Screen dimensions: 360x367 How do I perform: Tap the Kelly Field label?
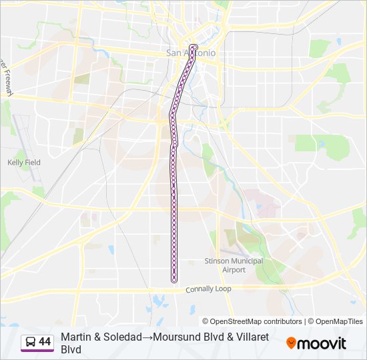point(24,162)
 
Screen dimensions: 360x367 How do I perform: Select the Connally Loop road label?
point(208,289)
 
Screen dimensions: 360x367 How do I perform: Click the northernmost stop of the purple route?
point(194,47)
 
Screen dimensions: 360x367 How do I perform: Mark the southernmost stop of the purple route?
point(174,280)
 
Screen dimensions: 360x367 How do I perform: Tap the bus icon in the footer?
point(30,342)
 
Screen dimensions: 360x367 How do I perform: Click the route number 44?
point(45,342)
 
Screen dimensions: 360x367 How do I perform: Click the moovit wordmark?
point(322,343)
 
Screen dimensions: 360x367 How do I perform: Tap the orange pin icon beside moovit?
point(291,343)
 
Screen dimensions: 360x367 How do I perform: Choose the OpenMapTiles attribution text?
point(337,321)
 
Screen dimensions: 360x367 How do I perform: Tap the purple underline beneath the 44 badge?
point(37,351)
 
